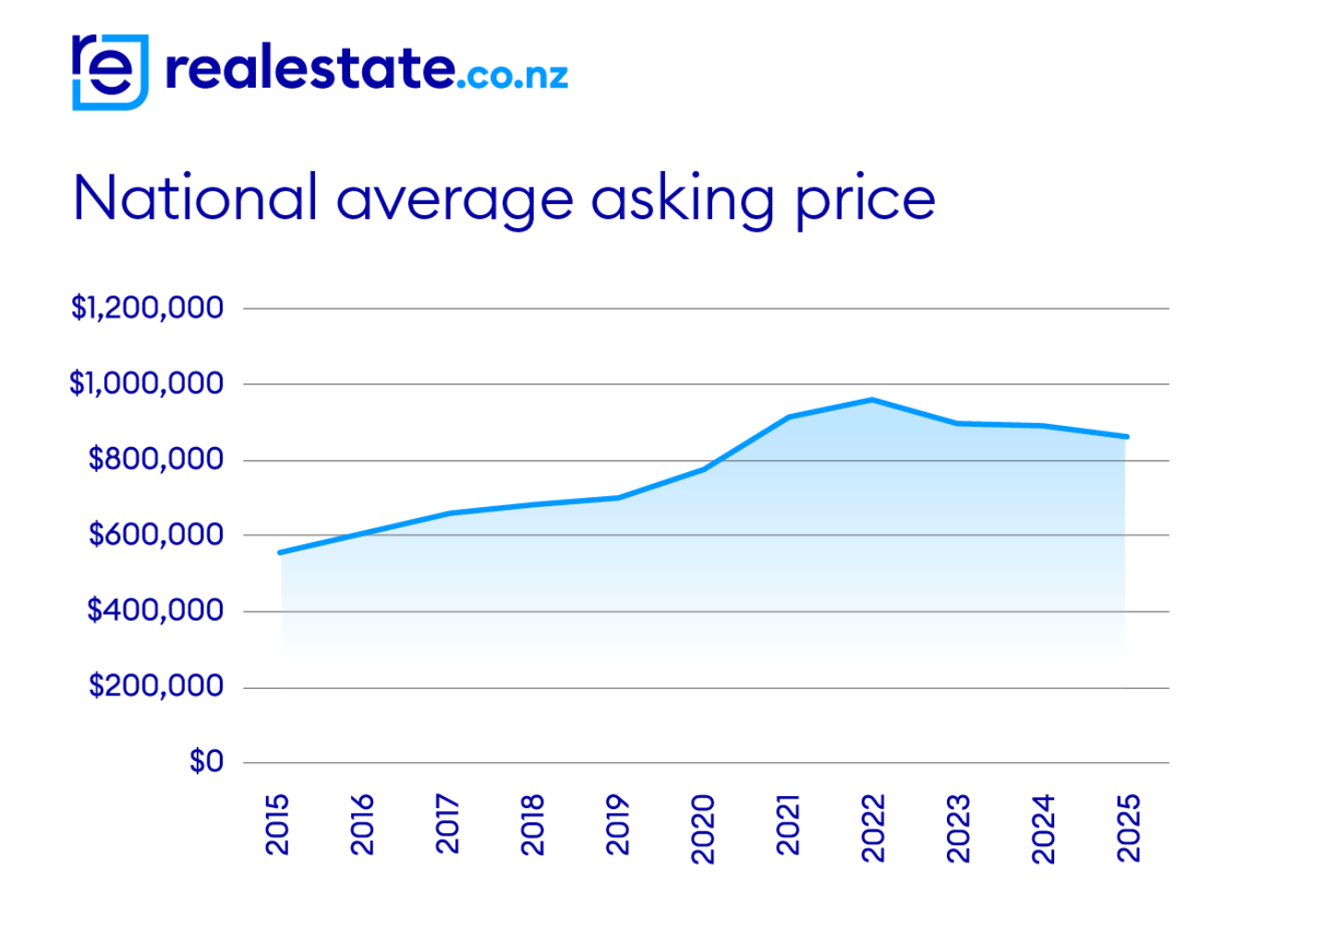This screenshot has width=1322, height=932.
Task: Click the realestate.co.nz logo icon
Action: point(110,72)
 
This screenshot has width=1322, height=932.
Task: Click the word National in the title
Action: point(195,198)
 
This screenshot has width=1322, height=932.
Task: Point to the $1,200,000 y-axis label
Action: point(147,308)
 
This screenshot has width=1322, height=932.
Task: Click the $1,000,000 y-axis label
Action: point(146,383)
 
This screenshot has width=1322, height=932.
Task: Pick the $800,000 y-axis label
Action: point(155,459)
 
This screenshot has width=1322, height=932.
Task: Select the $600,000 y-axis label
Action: point(155,535)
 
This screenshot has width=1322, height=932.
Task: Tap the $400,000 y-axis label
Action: point(155,611)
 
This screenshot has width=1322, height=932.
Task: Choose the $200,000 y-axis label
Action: point(155,686)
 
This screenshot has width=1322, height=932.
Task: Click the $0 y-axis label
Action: point(206,762)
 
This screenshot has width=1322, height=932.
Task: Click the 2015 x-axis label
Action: point(277,825)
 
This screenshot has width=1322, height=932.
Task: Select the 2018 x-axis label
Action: point(533,825)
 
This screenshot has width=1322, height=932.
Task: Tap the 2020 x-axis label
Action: point(703,829)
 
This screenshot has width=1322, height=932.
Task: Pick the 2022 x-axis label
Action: point(873,829)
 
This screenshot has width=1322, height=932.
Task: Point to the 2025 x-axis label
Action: point(1129,829)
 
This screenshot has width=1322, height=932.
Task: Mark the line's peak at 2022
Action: point(872,400)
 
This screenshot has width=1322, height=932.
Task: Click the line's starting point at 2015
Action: point(280,552)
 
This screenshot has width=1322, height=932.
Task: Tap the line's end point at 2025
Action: point(1126,436)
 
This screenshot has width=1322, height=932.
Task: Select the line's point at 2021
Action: point(788,418)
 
